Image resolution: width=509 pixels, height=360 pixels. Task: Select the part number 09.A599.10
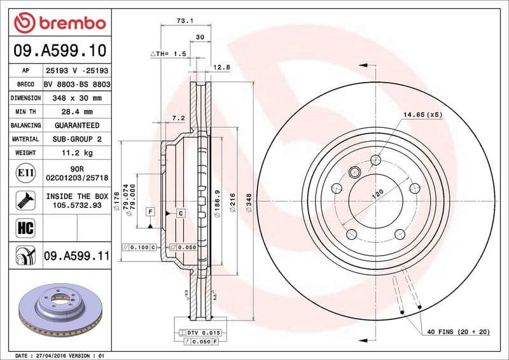pos(59,50)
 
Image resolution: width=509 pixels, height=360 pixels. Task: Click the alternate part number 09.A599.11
pos(77,256)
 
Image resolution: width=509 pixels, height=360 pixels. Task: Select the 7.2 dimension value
pos(178,118)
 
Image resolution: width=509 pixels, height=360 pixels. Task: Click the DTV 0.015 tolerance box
pos(202,333)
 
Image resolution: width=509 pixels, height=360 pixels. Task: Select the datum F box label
pos(150,211)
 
